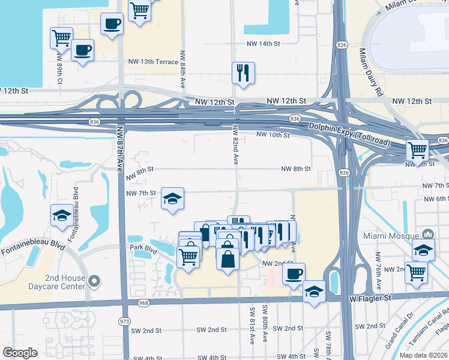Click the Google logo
[20, 353]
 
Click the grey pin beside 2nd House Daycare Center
[94, 281]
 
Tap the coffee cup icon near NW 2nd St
[294, 274]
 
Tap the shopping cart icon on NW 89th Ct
[61, 38]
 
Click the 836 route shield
[295, 119]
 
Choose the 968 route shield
[142, 302]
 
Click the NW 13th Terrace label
[153, 62]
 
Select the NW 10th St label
[273, 135]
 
